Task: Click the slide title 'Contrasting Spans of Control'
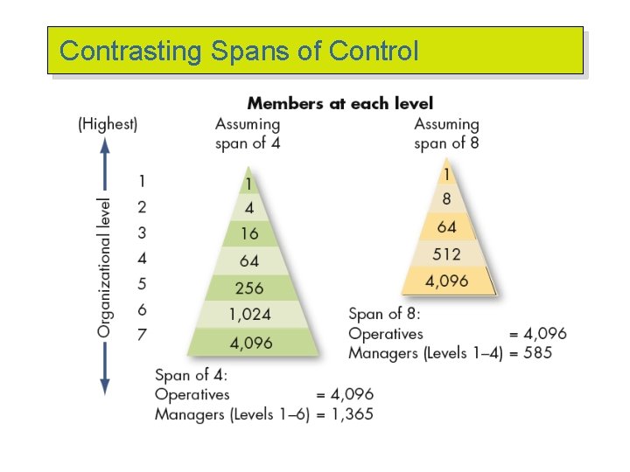(239, 51)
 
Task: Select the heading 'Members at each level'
(339, 104)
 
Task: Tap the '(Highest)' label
(108, 124)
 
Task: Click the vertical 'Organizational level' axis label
(105, 267)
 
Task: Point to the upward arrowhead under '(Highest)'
(105, 151)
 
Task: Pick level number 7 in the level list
(142, 334)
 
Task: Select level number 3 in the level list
(142, 233)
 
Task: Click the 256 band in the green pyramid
(249, 288)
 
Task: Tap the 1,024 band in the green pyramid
(249, 315)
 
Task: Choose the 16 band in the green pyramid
(249, 234)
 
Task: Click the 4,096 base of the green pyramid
(252, 343)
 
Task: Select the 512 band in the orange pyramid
(446, 254)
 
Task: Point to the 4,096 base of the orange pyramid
(447, 281)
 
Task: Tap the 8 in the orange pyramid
(446, 199)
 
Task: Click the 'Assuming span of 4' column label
(248, 134)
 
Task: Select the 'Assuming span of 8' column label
(446, 134)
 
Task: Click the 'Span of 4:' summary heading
(191, 375)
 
